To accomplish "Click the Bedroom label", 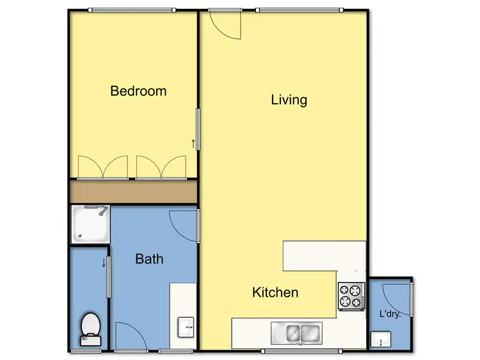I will coord(138,91).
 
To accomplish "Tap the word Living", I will coord(289,100).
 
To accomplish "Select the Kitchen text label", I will coord(275,293).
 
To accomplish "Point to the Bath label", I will coord(149,259).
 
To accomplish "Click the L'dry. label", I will coord(390,315).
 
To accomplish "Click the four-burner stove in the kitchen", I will coord(351,295).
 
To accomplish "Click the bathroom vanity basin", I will coord(186,326).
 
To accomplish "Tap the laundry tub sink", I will coord(381,340).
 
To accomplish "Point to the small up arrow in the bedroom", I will coord(193,144).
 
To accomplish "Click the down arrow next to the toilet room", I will coord(104,262).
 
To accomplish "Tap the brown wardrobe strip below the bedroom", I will coord(133,191).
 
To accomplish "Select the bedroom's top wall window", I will coord(131,10).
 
